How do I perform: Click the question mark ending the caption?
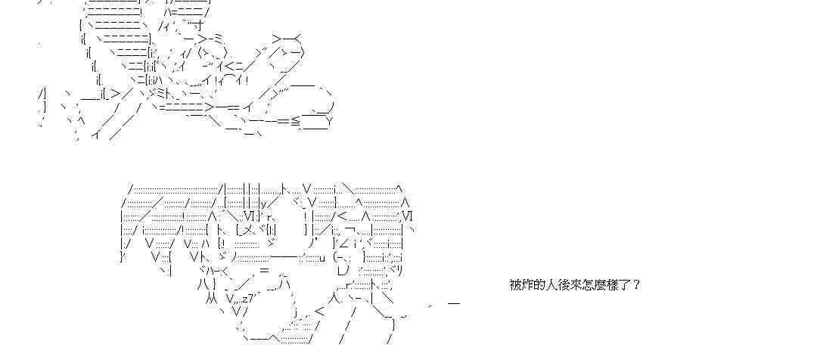point(637,285)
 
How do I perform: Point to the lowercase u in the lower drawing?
point(323,257)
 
